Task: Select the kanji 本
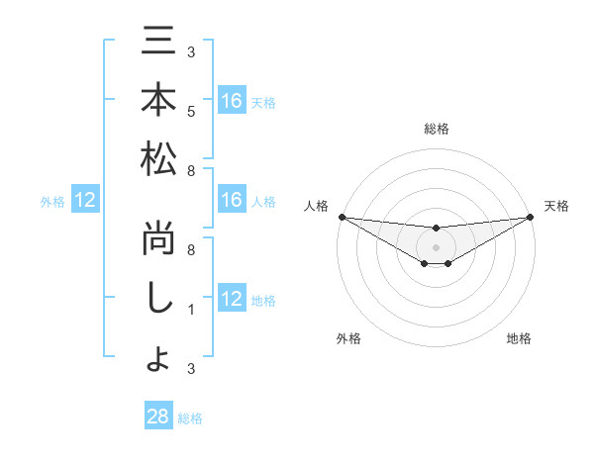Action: (x=158, y=100)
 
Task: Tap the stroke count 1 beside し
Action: (x=191, y=309)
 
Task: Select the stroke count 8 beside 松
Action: (x=191, y=169)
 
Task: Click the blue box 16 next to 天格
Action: (x=232, y=101)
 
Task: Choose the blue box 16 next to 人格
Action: (x=232, y=201)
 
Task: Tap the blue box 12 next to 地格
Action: (x=232, y=300)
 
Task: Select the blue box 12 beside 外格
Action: (x=85, y=201)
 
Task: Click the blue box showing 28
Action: (x=158, y=417)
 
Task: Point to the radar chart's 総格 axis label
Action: (x=436, y=129)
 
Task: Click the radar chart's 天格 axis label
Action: (x=556, y=206)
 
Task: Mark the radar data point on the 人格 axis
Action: (x=342, y=216)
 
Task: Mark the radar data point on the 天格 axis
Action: (x=530, y=216)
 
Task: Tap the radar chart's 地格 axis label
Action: (x=519, y=338)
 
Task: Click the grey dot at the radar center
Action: (x=436, y=246)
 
